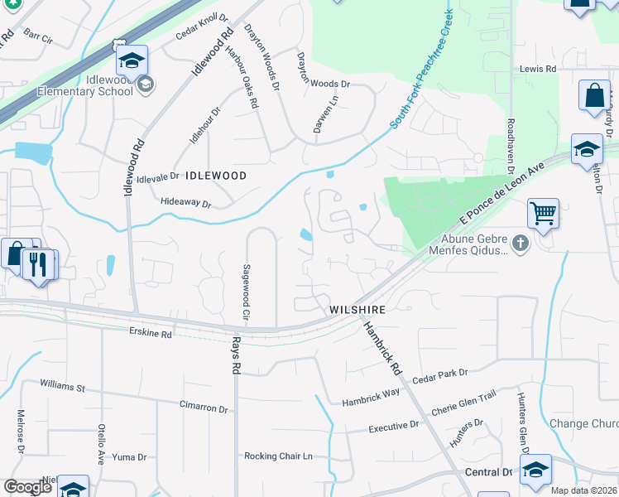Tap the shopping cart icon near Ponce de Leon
543,214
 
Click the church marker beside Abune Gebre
519,243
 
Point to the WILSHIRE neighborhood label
357,309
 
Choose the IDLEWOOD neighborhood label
216,176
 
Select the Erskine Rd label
150,334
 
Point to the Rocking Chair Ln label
278,456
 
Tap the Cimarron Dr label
204,408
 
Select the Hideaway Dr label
185,202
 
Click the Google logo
27,486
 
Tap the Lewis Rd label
537,70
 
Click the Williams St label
63,386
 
